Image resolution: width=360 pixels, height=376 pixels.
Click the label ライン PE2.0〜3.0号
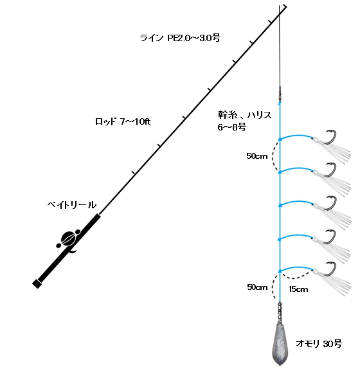(180, 38)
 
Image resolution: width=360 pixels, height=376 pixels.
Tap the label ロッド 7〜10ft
(123, 121)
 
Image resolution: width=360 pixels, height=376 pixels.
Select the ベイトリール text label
(72, 205)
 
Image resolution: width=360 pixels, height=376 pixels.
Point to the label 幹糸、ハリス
(245, 115)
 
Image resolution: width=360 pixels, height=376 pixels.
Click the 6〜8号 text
(231, 127)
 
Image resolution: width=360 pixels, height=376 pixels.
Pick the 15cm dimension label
(298, 289)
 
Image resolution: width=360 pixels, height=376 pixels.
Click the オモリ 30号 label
(319, 344)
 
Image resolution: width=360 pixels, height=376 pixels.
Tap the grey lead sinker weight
(280, 344)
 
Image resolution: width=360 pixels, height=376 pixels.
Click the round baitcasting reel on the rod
(69, 238)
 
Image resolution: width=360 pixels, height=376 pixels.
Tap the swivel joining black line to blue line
(280, 94)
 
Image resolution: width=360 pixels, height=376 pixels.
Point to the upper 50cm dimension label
(257, 156)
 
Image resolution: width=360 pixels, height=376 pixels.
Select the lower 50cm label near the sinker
(257, 287)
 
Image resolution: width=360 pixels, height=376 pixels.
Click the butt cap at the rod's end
(37, 283)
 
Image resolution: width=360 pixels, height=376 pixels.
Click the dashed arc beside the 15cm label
(296, 278)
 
